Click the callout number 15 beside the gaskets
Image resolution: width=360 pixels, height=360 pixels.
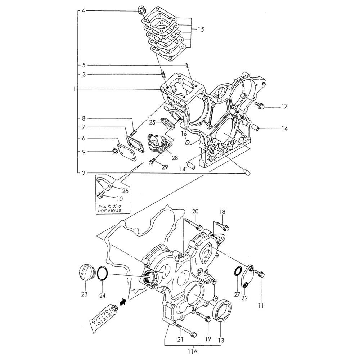[201, 30]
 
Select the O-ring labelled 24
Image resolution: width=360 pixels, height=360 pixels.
[103, 273]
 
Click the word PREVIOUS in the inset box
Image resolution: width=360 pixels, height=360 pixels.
[110, 210]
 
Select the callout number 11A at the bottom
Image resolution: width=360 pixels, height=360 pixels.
[194, 351]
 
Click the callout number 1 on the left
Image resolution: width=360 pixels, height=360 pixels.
[74, 89]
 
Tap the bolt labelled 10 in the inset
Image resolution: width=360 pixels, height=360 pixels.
[101, 194]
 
